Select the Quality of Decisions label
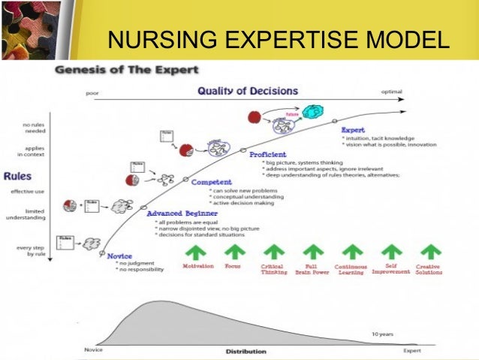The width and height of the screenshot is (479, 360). pos(247,91)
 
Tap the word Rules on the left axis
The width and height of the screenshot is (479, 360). pos(17,177)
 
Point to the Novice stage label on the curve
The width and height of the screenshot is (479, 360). pos(119,256)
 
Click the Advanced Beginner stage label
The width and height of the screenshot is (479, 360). pos(183,213)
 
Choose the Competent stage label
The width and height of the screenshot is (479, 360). pos(211,182)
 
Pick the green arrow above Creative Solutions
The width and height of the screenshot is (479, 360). pos(430,252)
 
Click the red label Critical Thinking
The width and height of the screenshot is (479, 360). pos(272,269)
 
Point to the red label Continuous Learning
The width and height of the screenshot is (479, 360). pos(350,269)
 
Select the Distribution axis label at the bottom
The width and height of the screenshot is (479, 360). pos(246,351)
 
